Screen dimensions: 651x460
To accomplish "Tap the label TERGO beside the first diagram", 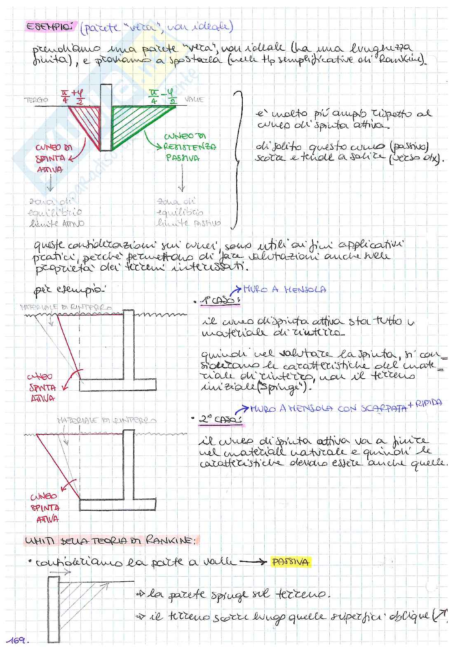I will (x=36, y=100).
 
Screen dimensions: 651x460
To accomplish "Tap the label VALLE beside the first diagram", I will (x=194, y=99).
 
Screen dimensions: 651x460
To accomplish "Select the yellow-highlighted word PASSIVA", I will (x=290, y=562).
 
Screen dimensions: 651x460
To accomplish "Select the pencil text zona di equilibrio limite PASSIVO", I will (x=188, y=212).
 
